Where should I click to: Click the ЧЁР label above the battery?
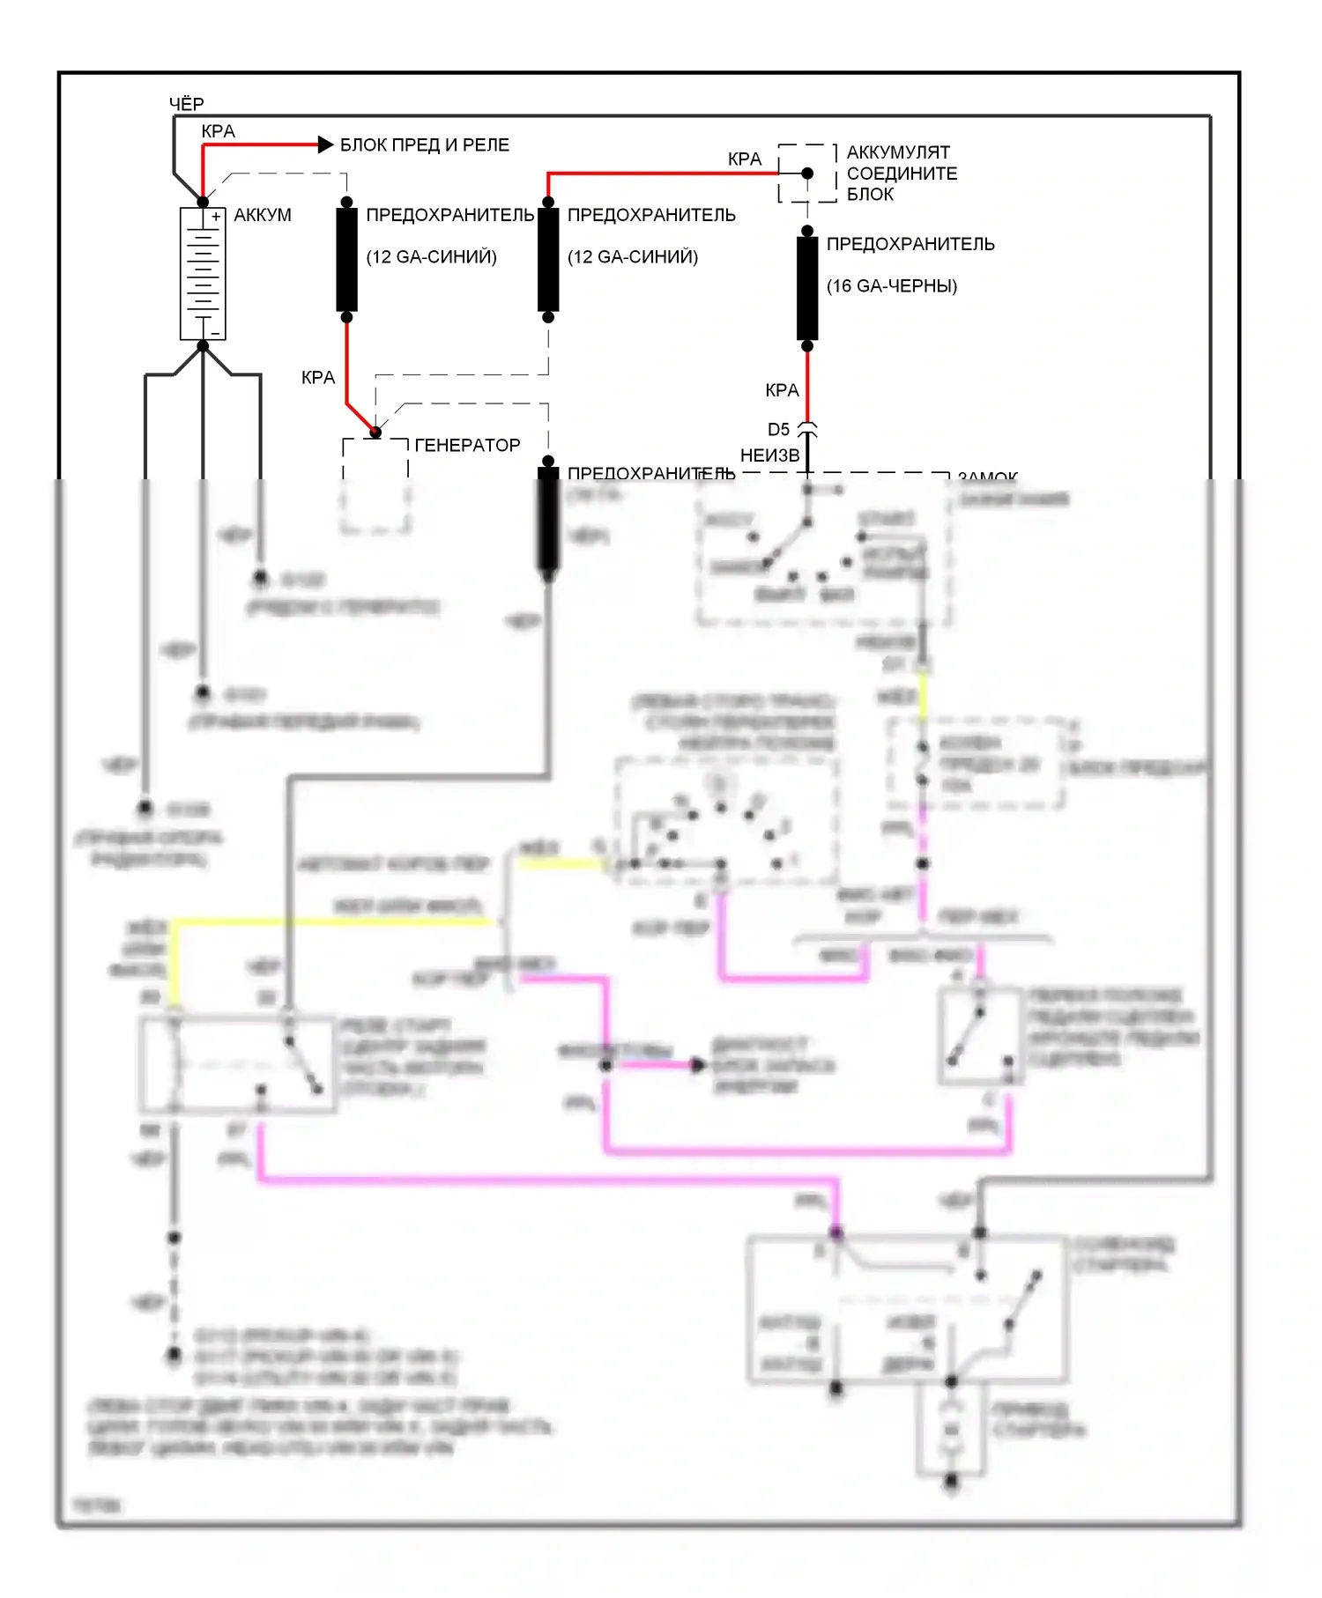186,104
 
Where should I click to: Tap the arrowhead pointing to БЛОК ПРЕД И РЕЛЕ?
324,144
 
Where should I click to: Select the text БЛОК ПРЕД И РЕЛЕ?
424,145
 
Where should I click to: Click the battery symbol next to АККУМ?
203,274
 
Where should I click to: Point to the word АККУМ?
262,216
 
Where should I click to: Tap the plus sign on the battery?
216,217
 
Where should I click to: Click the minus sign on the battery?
215,334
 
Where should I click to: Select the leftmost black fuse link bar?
346,260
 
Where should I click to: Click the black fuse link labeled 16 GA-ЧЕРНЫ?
807,288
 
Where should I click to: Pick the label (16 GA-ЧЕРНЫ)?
891,286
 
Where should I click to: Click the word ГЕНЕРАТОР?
467,446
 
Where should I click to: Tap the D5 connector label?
778,430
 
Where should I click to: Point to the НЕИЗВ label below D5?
769,455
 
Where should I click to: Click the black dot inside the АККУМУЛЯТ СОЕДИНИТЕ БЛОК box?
807,174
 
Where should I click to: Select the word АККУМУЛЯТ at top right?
898,152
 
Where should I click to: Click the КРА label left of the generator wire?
318,378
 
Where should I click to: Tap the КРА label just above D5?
782,390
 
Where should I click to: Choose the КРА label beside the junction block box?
744,159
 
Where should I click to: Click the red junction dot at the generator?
375,432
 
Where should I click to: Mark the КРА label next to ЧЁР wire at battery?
218,131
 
